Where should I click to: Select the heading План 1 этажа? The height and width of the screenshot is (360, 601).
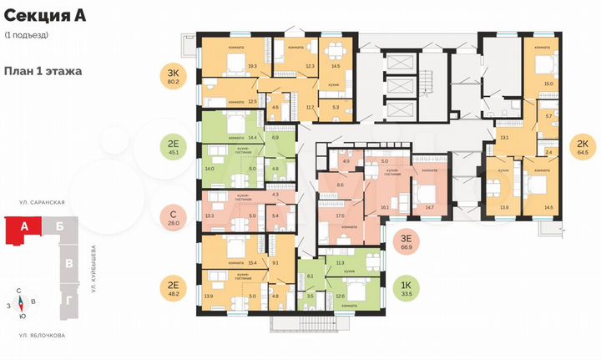(x=43, y=71)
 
